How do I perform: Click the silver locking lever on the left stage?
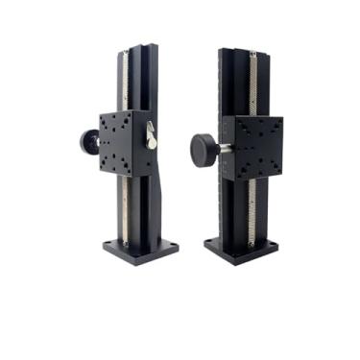pos(151,138)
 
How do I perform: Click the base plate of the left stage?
pos(141,252)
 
